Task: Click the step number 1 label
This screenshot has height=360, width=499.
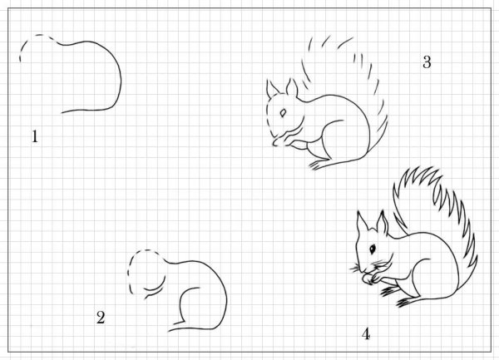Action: point(35,136)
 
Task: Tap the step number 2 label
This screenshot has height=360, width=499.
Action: point(101,317)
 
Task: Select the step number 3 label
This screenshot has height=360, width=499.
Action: point(427,61)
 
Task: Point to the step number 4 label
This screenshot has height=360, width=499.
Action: point(365,333)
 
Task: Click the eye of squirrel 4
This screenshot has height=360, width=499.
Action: point(373,249)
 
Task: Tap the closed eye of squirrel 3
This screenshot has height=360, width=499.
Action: point(284,111)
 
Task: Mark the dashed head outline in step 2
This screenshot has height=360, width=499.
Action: point(133,270)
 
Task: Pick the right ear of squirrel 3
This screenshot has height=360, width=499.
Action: point(292,87)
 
